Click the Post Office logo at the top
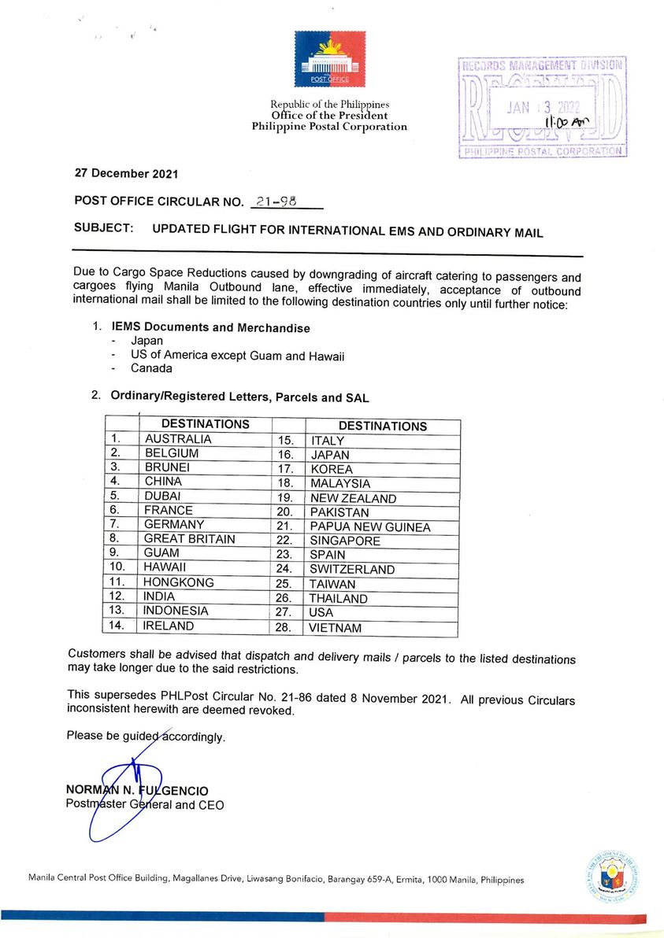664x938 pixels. pyautogui.click(x=329, y=59)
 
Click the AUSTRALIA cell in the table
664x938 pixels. pyautogui.click(x=178, y=439)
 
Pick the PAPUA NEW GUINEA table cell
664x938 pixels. pyautogui.click(x=370, y=527)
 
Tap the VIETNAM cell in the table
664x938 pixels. pyautogui.click(x=336, y=628)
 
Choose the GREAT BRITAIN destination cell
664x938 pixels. pyautogui.click(x=189, y=539)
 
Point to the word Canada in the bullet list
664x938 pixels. pyautogui.click(x=151, y=369)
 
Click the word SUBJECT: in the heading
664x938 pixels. pyautogui.click(x=103, y=229)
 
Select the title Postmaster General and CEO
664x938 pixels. pyautogui.click(x=145, y=804)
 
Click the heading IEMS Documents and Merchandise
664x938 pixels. pyautogui.click(x=211, y=327)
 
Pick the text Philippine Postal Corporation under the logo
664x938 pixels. pyautogui.click(x=329, y=127)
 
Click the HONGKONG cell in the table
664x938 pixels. pyautogui.click(x=179, y=583)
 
